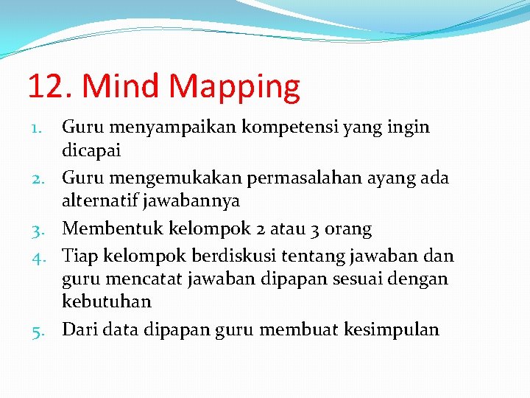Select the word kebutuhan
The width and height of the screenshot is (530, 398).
coord(107,301)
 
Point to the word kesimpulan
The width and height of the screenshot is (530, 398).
coord(392,329)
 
